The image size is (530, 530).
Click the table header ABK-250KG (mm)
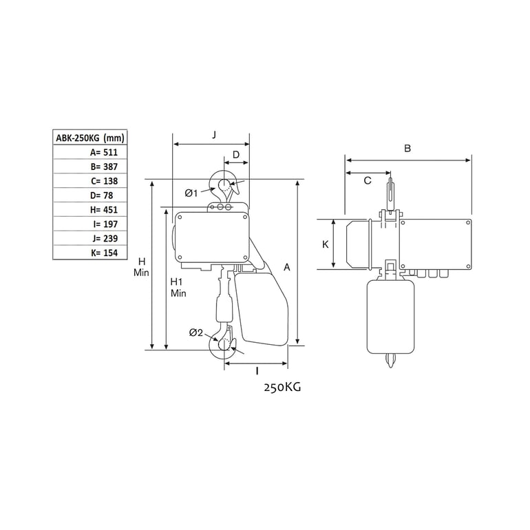coord(90,138)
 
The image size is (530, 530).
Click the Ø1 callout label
coord(191,193)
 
